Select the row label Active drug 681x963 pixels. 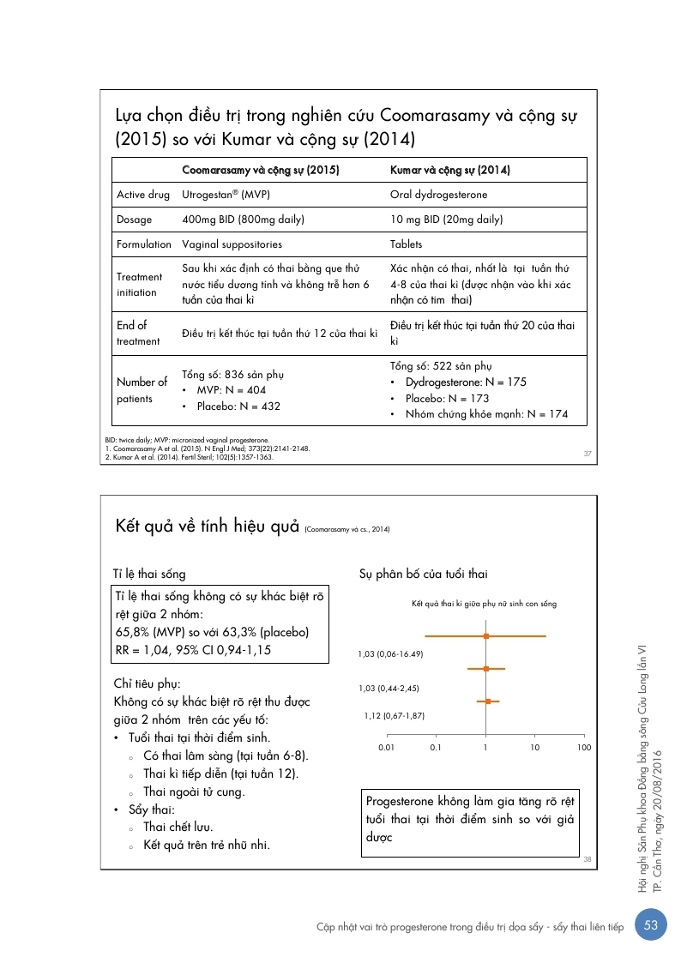(143, 195)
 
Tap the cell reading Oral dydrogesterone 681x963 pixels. (438, 195)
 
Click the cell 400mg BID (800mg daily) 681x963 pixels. (244, 220)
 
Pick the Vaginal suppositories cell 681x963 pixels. (232, 244)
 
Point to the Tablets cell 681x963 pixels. (407, 244)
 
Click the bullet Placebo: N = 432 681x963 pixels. (238, 406)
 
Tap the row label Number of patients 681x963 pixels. (142, 390)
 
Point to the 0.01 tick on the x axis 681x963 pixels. (386, 748)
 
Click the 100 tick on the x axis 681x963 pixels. (584, 748)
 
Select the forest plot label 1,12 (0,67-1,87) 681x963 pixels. (395, 715)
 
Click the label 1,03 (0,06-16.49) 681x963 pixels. (391, 654)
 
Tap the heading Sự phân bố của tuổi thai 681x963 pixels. (424, 574)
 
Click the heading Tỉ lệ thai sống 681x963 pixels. (149, 574)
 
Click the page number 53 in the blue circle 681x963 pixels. (650, 925)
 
